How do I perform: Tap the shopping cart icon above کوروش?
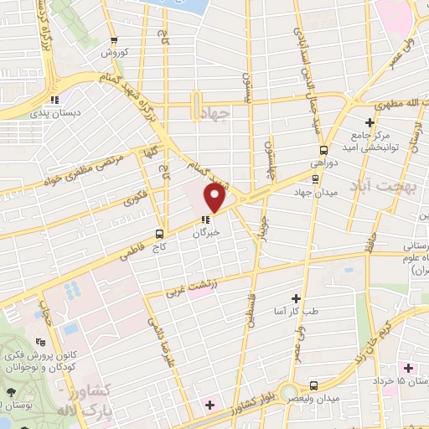[x=122, y=39]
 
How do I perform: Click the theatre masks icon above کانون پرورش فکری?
[x=40, y=342]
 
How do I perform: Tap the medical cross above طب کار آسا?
[x=295, y=297]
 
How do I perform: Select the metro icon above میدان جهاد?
[x=315, y=178]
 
